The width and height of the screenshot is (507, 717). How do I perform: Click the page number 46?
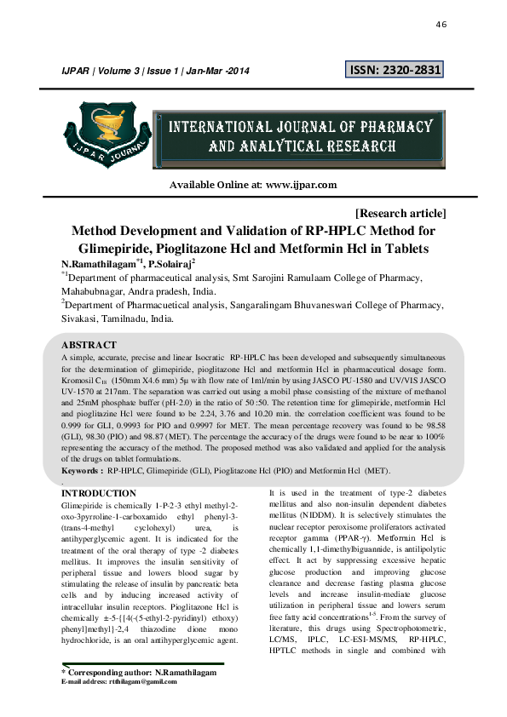441,25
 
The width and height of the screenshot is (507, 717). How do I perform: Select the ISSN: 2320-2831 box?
395,70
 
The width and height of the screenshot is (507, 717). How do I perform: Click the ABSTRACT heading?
89,345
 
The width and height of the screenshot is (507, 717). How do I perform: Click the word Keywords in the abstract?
83,470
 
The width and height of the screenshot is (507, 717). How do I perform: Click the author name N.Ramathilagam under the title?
96,265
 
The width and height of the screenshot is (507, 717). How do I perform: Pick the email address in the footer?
142,681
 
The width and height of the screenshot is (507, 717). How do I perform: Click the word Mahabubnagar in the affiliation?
95,292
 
